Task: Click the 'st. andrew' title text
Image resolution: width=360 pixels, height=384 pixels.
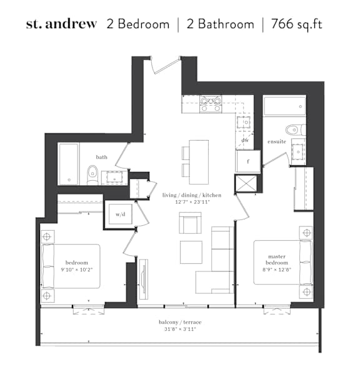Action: [61, 24]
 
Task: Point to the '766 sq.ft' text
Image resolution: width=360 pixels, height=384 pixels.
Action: [297, 24]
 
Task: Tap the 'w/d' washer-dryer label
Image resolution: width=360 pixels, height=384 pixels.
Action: [121, 215]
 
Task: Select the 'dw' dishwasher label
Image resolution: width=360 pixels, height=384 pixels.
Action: [245, 140]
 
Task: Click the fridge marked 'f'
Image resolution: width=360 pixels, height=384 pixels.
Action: [248, 161]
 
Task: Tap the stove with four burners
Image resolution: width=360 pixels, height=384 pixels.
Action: [211, 104]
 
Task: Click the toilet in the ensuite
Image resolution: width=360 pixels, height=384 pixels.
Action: [296, 130]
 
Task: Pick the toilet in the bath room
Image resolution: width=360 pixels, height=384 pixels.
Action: [92, 175]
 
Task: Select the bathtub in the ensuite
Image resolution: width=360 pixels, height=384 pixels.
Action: [284, 106]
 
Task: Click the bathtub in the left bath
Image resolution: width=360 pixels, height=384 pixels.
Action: [69, 164]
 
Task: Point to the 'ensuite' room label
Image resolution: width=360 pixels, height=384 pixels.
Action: [277, 141]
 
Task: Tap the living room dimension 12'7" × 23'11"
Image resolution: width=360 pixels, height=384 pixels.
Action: [192, 202]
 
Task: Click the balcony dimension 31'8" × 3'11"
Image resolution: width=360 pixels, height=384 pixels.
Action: [180, 329]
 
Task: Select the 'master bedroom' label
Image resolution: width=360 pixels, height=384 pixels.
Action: [277, 260]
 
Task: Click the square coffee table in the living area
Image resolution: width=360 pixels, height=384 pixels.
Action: [191, 252]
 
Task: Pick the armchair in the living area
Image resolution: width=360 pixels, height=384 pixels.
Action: [190, 223]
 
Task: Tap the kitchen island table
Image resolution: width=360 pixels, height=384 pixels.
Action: [199, 162]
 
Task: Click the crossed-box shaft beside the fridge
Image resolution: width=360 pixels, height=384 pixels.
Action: [246, 183]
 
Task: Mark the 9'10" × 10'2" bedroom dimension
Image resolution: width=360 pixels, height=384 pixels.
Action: [77, 270]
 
